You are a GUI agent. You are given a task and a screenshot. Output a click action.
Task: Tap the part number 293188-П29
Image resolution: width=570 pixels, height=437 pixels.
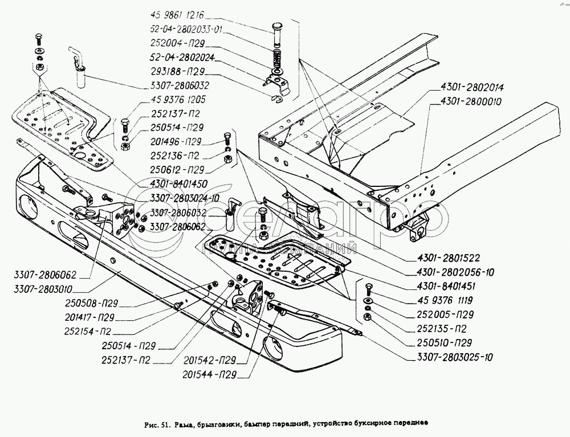pos(177,72)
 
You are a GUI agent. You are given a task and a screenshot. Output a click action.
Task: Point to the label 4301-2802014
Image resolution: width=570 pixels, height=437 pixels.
pos(472,88)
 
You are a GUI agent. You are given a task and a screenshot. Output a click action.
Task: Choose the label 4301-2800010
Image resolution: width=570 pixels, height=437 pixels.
pos(472,103)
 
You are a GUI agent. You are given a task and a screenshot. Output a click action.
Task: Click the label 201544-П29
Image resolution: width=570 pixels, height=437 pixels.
pos(210,374)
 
